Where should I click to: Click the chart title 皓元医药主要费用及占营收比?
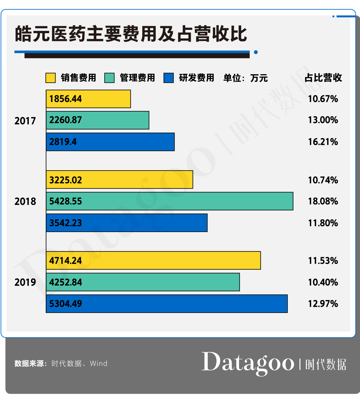pyautogui.click(x=131, y=34)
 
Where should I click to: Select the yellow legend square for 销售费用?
pyautogui.click(x=50, y=78)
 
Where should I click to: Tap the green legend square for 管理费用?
pyautogui.click(x=109, y=78)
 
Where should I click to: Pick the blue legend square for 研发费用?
pyautogui.click(x=169, y=78)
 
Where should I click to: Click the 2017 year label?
pyautogui.click(x=25, y=121)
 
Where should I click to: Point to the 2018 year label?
pyautogui.click(x=25, y=201)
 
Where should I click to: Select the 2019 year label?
pyautogui.click(x=25, y=282)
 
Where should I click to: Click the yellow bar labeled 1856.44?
pyautogui.click(x=88, y=99)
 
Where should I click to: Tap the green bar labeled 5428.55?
pyautogui.click(x=170, y=201)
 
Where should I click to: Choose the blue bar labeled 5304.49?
pyautogui.click(x=167, y=304)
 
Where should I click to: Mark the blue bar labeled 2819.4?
pyautogui.click(x=110, y=142)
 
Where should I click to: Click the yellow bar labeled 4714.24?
pyautogui.click(x=153, y=260)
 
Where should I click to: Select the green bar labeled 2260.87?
pyautogui.click(x=98, y=120)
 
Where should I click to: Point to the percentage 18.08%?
pyautogui.click(x=323, y=201)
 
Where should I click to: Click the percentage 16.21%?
pyautogui.click(x=323, y=142)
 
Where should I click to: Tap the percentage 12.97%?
pyautogui.click(x=323, y=304)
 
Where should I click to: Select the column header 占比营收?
pyautogui.click(x=323, y=78)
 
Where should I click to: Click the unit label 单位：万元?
pyautogui.click(x=245, y=78)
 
